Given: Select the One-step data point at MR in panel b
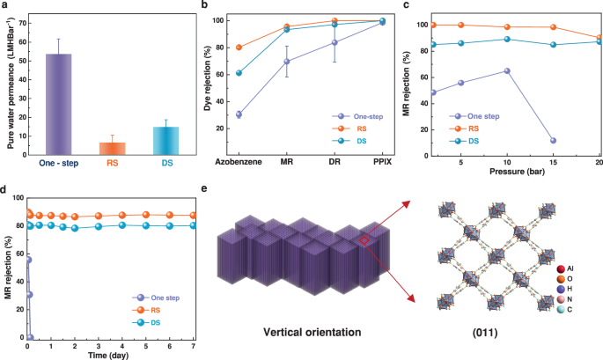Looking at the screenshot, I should (286, 61).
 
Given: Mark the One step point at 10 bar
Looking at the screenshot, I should (507, 70).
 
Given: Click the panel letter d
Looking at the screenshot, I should (6, 187).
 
